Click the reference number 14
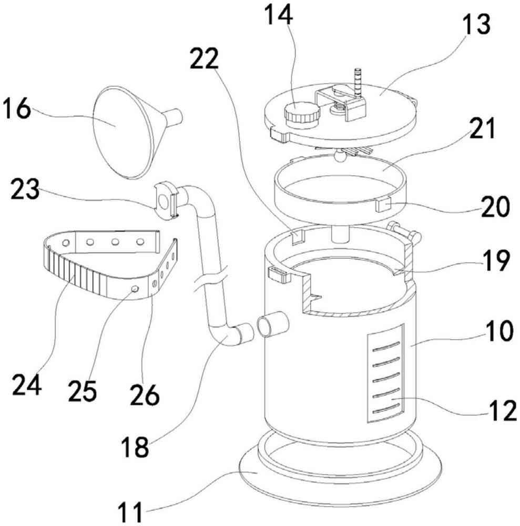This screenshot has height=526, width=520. click(279, 14)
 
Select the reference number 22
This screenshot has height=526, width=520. click(204, 58)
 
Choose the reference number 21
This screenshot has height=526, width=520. click(482, 128)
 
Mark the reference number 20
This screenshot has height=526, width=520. click(495, 206)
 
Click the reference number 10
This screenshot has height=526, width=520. click(498, 330)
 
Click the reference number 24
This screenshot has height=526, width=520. click(27, 385)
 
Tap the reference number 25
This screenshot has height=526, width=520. click(83, 391)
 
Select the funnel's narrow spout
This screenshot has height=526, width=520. click(174, 117)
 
